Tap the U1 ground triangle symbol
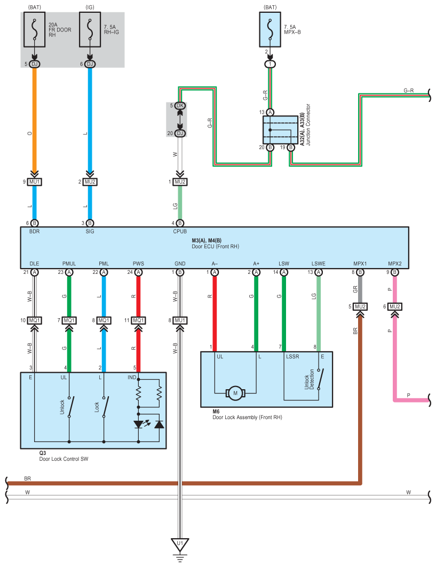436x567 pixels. [180, 545]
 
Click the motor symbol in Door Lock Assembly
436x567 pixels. [235, 393]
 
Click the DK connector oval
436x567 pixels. [180, 106]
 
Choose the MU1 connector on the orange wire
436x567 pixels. [35, 182]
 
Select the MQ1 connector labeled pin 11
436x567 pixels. [139, 320]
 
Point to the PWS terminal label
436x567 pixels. [138, 264]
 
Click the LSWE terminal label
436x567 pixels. [319, 264]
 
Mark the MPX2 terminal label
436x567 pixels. [394, 264]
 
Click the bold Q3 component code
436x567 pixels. [42, 452]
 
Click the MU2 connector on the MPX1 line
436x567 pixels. [360, 306]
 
